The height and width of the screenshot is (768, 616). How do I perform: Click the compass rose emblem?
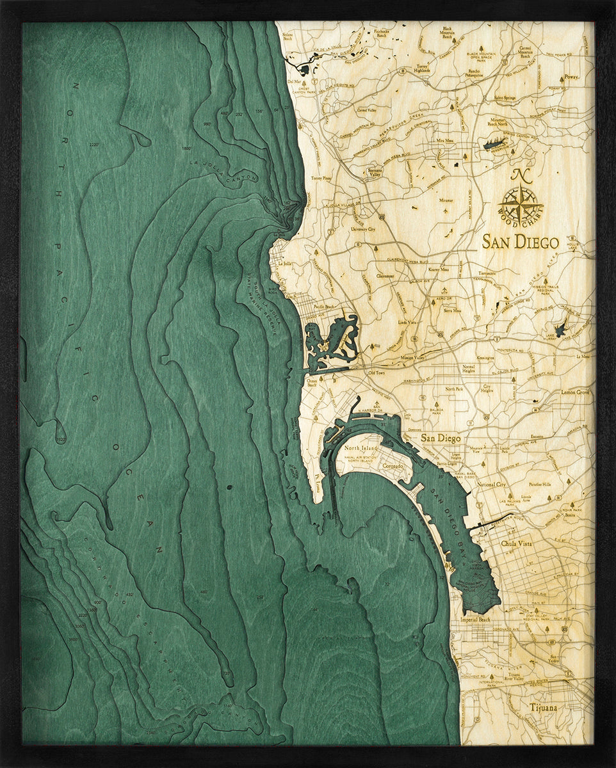(520, 204)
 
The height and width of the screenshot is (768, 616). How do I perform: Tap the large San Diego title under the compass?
(520, 243)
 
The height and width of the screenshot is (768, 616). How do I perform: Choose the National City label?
(492, 485)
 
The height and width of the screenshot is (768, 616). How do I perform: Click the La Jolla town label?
(284, 263)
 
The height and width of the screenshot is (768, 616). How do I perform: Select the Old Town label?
(375, 372)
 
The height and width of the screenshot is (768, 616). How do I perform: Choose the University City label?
(362, 228)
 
